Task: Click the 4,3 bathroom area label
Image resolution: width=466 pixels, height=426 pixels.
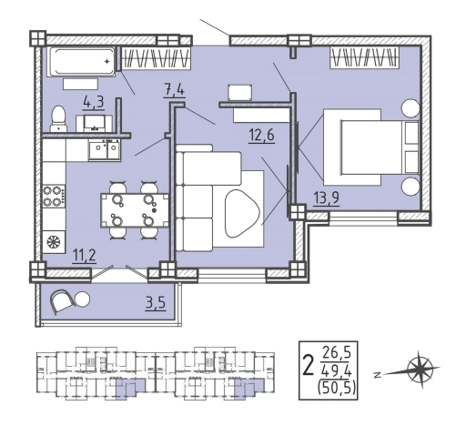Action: pos(94,103)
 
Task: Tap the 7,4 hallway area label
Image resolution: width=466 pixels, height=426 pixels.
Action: pos(174,91)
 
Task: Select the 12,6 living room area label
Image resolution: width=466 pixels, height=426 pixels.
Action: pos(261,135)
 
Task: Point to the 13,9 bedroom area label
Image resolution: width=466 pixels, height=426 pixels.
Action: pos(327,199)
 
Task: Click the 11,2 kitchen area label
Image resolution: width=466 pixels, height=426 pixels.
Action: pos(85,256)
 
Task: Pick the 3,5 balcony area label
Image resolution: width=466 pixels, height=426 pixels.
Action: pos(156,304)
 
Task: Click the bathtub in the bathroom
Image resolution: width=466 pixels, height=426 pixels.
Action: pos(81,61)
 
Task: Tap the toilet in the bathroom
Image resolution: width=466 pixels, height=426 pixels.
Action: pos(59,118)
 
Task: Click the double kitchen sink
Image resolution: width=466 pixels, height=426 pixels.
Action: pos(105,149)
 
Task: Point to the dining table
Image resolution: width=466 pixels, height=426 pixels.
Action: pos(135,210)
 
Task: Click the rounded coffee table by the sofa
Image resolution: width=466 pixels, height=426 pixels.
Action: pos(242,213)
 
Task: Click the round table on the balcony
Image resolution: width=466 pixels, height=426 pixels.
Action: pos(82,299)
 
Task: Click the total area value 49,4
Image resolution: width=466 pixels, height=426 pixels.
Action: pos(337,370)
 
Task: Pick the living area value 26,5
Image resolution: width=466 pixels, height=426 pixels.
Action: pos(337,353)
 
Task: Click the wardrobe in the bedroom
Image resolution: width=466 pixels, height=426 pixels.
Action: pos(364,57)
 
